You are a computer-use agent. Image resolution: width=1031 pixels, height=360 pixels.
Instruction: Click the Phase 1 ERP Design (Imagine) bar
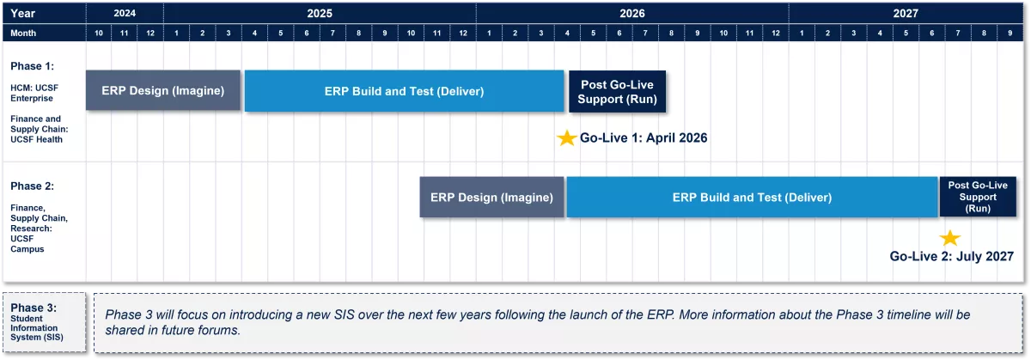tap(163, 90)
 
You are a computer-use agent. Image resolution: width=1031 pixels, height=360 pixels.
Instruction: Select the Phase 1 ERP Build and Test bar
tap(404, 91)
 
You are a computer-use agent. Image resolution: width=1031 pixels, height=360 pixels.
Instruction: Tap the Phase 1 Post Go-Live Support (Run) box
tap(617, 91)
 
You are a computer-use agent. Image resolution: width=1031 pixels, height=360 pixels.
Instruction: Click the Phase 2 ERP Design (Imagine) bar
tap(491, 197)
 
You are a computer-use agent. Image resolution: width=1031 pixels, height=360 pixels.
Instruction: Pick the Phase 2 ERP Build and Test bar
tap(752, 197)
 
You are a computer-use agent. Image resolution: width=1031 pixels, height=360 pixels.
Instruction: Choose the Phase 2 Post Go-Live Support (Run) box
tap(978, 197)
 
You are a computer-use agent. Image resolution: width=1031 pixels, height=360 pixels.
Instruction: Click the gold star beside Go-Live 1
tap(567, 138)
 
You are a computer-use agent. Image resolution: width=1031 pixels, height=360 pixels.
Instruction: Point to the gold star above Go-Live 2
tap(950, 238)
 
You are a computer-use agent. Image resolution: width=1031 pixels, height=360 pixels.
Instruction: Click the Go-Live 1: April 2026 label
tap(644, 138)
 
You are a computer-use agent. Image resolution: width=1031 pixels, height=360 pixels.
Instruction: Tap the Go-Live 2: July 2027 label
tap(951, 256)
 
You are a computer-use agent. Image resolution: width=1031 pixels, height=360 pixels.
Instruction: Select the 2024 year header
tap(125, 14)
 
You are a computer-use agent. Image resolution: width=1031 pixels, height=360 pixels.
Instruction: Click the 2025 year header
tap(320, 14)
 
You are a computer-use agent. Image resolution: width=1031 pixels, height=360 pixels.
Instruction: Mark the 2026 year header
tap(632, 14)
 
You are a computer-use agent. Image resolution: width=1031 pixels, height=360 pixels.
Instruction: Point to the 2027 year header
tap(906, 14)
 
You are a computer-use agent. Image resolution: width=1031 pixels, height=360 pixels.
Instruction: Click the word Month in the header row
tap(23, 34)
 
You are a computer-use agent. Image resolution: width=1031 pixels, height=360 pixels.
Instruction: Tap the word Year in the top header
tap(22, 14)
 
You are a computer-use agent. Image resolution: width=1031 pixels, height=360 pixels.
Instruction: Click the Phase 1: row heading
tap(33, 66)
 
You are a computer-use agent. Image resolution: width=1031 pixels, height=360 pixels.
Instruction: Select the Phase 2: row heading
tap(33, 186)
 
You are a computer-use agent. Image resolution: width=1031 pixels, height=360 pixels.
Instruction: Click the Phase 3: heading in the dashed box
tap(34, 308)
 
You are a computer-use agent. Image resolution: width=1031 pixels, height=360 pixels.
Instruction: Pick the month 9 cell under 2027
tap(1010, 34)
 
